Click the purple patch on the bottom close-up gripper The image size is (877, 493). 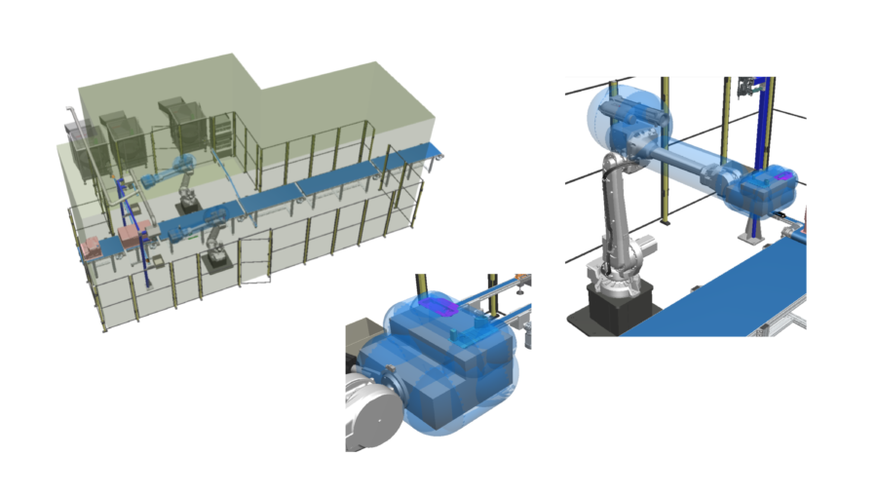pyautogui.click(x=439, y=309)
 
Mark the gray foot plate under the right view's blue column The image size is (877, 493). pyautogui.click(x=751, y=238)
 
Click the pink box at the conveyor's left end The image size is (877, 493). pyautogui.click(x=92, y=247)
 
